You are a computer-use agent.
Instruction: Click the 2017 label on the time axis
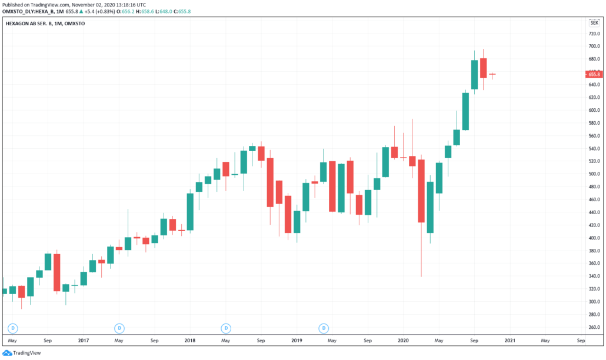tap(83, 341)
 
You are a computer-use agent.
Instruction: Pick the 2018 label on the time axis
tap(189, 341)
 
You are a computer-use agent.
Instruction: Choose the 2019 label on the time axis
tap(297, 341)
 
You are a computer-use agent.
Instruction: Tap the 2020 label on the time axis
tap(403, 341)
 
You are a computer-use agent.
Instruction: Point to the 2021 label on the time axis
tap(510, 341)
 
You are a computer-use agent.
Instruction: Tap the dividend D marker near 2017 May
tap(119, 328)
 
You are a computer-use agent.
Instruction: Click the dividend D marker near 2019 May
tap(323, 328)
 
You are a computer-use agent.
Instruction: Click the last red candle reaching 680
tap(483, 68)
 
